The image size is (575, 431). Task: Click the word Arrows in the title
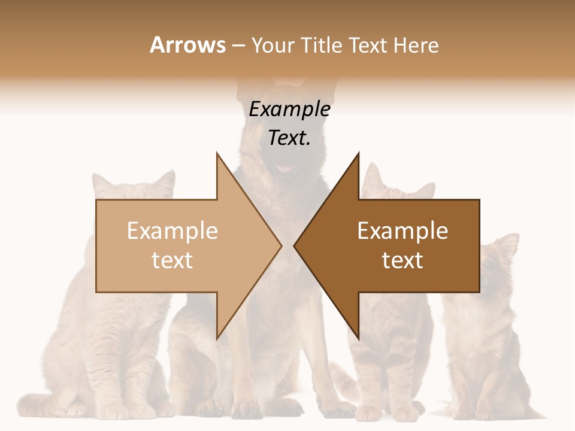[187, 45]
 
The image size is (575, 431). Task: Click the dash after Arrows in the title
[238, 46]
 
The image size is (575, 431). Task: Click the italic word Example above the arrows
[289, 110]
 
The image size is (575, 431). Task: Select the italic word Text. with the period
[289, 138]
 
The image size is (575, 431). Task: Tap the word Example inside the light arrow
[172, 230]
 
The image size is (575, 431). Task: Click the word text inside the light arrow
[172, 260]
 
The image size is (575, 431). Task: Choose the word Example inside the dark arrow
[402, 230]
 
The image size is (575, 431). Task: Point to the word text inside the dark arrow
[402, 260]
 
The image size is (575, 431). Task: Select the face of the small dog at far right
[491, 263]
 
